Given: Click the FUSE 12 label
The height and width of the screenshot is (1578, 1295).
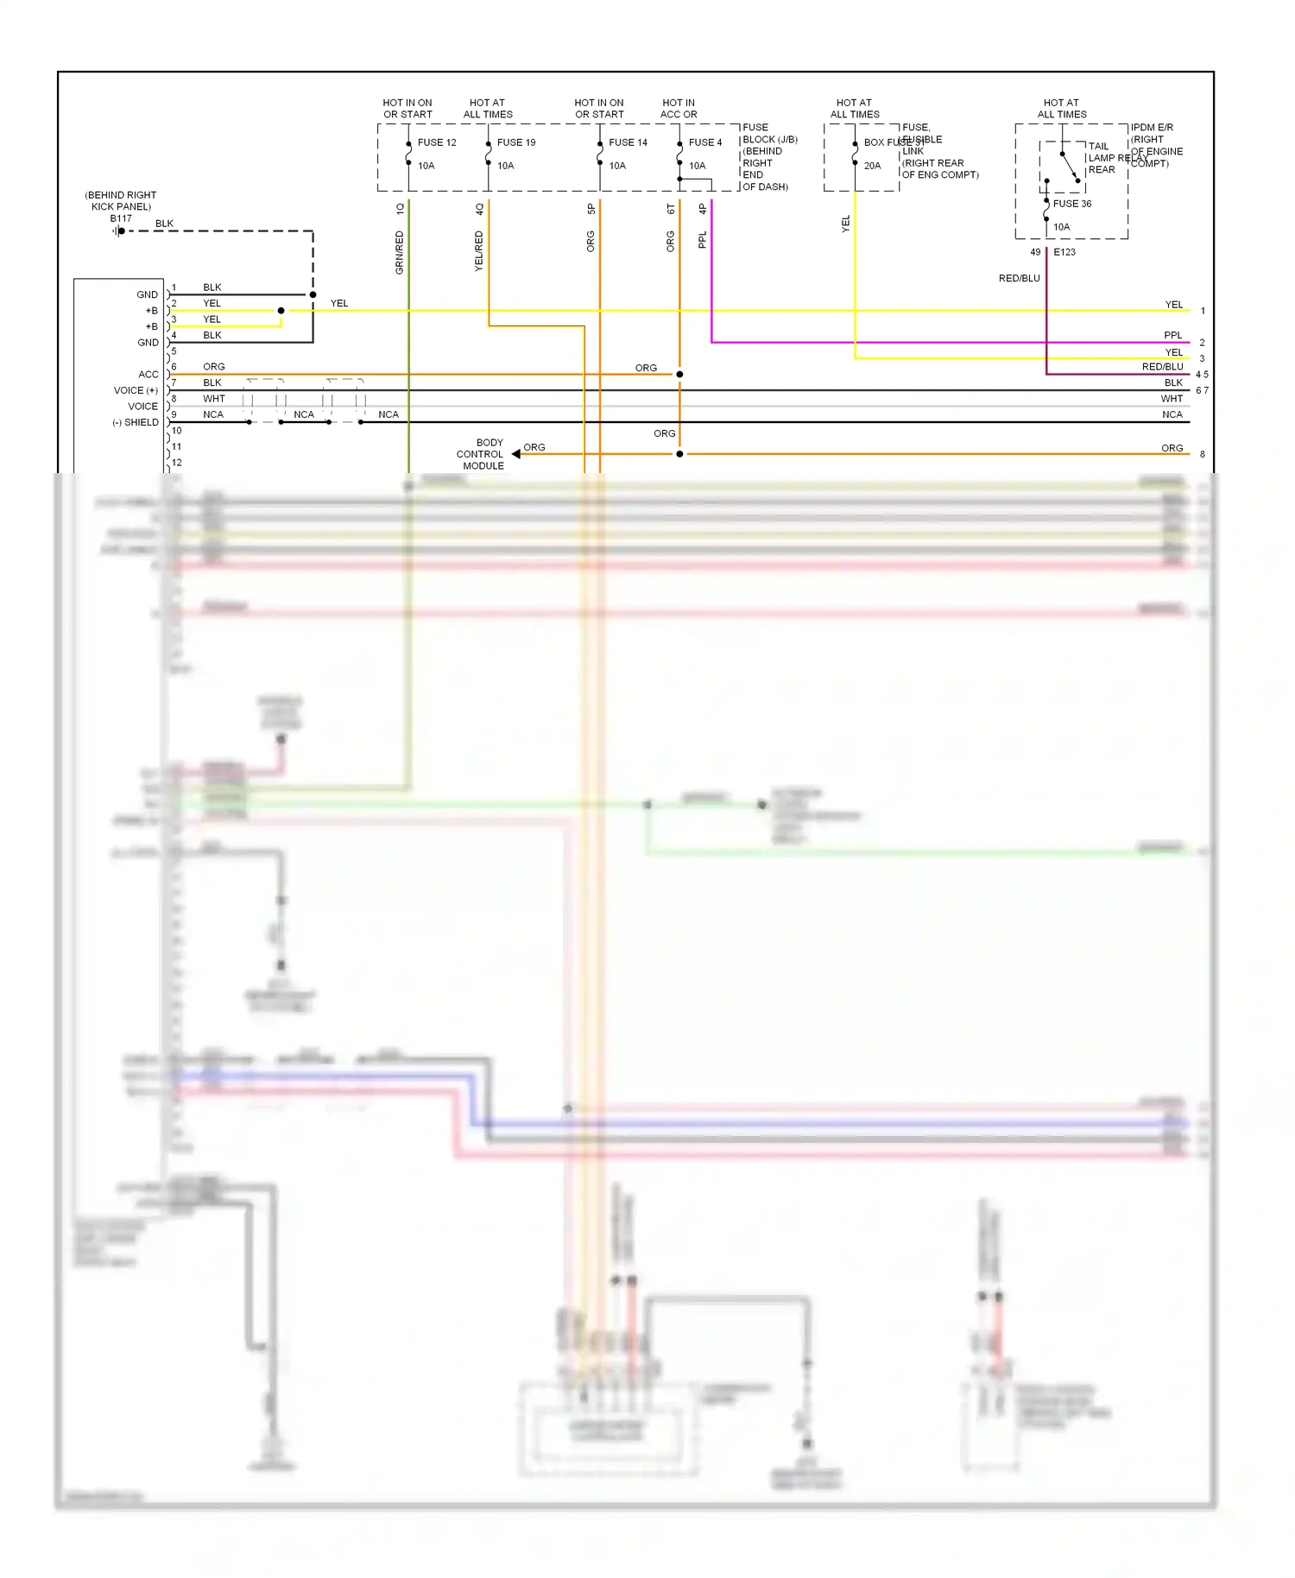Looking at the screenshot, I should (x=437, y=142).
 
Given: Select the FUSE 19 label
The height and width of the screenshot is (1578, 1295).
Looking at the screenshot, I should (x=516, y=142).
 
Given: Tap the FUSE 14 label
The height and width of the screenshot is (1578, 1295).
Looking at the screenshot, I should (x=628, y=142).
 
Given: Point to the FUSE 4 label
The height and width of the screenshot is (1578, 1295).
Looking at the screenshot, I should (x=705, y=142).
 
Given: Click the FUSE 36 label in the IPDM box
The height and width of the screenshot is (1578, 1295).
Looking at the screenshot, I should (x=1072, y=204).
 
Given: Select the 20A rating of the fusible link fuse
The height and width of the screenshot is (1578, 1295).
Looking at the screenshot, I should (x=872, y=166).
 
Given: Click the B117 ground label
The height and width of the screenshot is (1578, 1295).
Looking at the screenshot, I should (x=121, y=218).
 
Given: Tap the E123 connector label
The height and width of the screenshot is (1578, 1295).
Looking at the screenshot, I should (x=1064, y=252).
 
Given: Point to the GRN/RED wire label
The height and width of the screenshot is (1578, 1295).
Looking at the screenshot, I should (x=399, y=252).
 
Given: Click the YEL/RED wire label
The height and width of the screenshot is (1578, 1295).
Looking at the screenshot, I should (x=478, y=251).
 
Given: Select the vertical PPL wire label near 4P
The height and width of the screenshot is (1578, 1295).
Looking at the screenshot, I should (x=702, y=240).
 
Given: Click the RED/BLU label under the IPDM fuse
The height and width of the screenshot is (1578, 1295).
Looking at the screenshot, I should (x=1019, y=278).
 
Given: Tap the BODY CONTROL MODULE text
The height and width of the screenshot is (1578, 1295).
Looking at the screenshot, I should (x=481, y=454).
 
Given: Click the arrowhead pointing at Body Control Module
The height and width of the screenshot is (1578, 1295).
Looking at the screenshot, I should (x=515, y=454).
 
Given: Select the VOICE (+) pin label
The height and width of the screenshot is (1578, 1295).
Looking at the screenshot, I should (x=136, y=390).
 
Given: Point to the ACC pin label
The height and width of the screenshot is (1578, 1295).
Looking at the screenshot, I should (x=148, y=375).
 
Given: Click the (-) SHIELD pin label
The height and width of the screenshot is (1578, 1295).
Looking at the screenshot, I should (x=136, y=422).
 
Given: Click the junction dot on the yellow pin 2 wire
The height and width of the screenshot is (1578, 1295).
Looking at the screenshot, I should (x=281, y=311).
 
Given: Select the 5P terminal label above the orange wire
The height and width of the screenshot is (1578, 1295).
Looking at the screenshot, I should (x=591, y=209).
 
